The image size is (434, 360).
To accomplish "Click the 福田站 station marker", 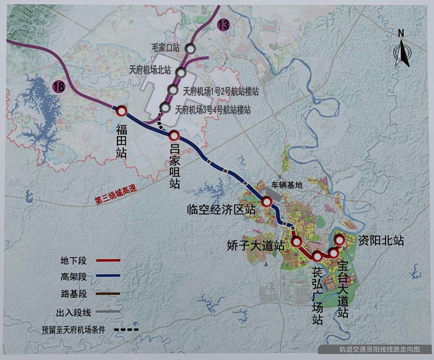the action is tap(122, 111).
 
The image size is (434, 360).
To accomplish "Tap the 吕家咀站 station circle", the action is tap(175, 136).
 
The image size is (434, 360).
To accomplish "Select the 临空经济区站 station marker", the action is tap(267, 202).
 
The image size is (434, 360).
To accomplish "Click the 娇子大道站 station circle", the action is tap(297, 242).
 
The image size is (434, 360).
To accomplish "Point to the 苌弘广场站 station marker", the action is tap(317, 256).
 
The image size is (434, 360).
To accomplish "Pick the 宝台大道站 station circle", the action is tap(334, 253).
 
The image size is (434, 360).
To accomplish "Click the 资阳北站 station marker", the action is tap(339, 240).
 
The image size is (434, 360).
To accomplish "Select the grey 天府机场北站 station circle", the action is tap(181, 73).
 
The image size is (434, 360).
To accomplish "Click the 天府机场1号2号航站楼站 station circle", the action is tap(172, 89).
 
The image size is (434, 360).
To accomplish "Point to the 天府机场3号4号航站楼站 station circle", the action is tap(165, 108).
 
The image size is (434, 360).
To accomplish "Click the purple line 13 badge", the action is tap(223, 25).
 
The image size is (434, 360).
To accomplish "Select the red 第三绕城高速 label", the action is tap(117, 197).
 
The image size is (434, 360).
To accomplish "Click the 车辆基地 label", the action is tap(287, 186).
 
